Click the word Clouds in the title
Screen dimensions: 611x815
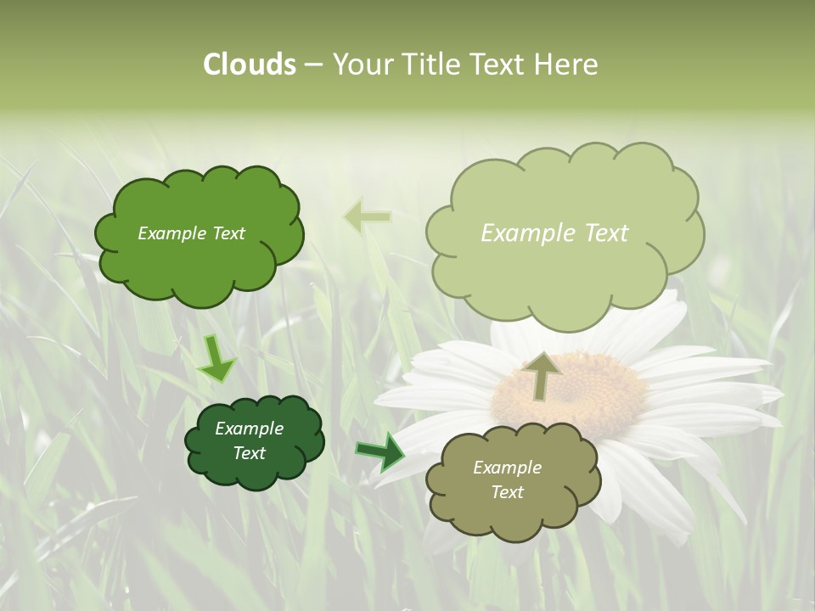click(x=250, y=64)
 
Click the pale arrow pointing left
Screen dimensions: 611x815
click(x=367, y=216)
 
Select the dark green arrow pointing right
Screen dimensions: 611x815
click(x=379, y=451)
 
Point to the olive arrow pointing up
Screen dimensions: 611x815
click(x=542, y=376)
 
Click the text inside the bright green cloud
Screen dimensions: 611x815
click(x=191, y=233)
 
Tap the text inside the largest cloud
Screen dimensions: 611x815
click(x=554, y=233)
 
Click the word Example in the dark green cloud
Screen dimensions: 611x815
click(x=249, y=429)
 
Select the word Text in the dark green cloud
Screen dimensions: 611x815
click(x=249, y=453)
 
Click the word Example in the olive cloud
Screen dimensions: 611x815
click(x=507, y=468)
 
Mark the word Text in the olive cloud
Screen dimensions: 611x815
click(x=507, y=492)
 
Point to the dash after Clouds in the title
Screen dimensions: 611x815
click(x=312, y=65)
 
